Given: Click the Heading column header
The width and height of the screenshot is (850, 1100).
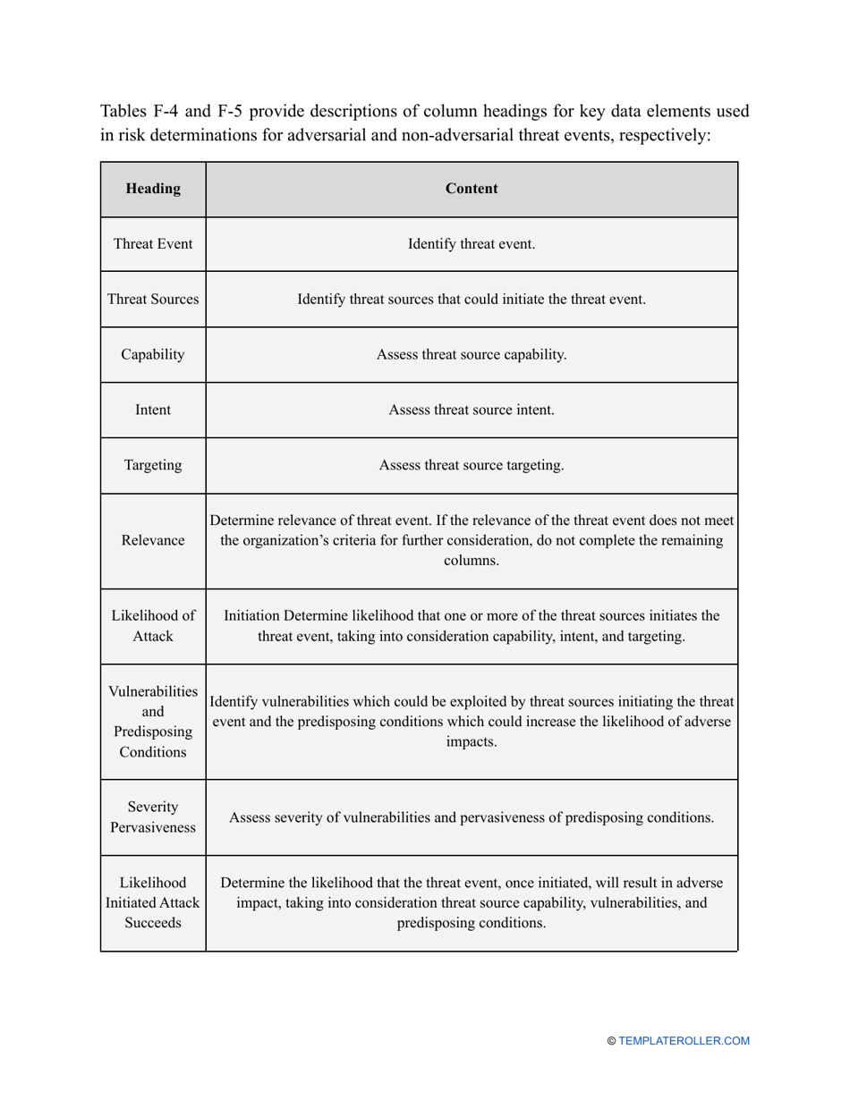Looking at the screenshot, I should [153, 189].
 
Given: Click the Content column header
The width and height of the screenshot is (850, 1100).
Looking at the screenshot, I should [472, 189].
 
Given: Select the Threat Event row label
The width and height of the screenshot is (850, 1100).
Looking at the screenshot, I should [153, 244].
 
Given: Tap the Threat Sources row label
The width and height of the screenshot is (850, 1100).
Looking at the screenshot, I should [153, 300].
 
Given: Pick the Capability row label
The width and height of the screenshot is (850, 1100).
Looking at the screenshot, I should [153, 354].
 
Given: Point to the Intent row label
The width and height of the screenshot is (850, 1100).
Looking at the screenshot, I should [153, 410].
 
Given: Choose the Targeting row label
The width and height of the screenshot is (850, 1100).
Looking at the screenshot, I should [153, 465].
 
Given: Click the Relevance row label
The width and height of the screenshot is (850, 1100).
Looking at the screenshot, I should [153, 540].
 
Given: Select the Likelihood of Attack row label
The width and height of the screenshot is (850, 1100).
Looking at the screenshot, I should [153, 626].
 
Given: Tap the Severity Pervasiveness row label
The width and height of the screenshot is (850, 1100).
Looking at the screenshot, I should [153, 817].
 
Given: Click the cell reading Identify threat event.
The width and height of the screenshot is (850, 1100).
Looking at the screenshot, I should [472, 244].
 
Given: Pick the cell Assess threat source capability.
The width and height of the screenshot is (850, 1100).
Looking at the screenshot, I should [472, 354].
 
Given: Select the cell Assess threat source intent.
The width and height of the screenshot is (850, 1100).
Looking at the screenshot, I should [472, 410].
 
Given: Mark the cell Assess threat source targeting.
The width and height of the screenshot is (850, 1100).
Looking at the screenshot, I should [472, 465].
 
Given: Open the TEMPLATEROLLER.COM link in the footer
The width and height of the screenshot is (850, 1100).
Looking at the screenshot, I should [684, 1041].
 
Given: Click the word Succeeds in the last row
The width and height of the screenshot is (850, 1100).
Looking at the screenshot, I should [153, 922].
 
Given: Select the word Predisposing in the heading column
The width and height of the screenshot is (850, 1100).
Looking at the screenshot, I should [153, 732].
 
